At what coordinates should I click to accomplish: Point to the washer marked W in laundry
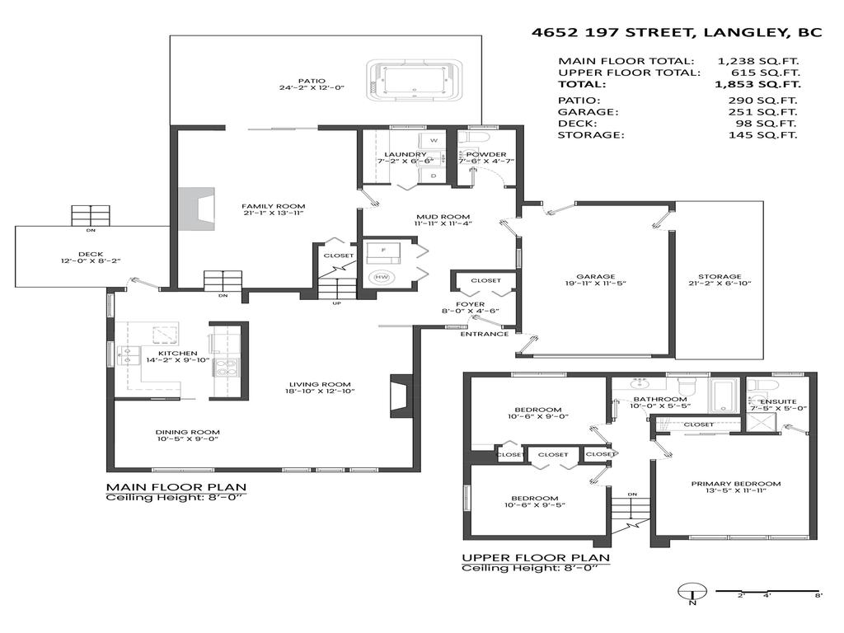coord(434,141)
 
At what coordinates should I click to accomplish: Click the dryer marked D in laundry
coord(434,175)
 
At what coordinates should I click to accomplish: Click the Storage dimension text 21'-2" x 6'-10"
coord(720,284)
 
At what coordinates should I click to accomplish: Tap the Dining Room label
coord(188,432)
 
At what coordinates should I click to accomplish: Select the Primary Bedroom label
coord(735,484)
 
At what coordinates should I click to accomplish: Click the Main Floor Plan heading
coord(176,486)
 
